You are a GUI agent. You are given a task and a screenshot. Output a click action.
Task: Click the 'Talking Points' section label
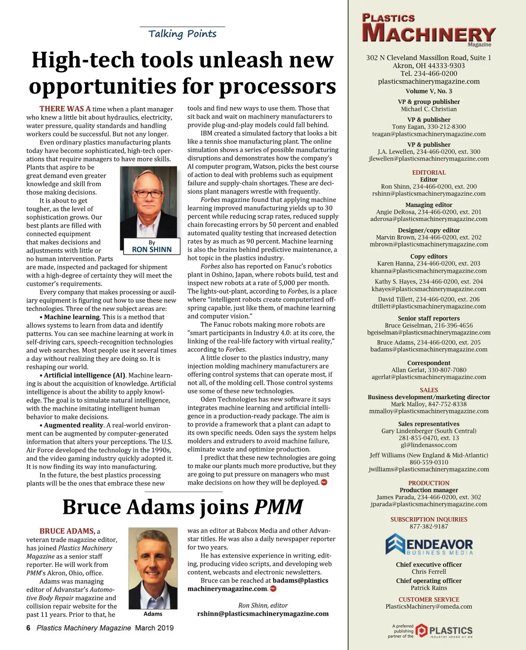click(182, 34)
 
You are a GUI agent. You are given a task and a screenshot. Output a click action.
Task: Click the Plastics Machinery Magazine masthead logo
click(428, 30)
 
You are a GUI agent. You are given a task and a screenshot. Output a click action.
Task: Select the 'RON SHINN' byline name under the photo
click(152, 249)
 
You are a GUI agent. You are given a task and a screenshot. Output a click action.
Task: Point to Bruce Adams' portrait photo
click(153, 568)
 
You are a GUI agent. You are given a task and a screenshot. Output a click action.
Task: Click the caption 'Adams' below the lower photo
click(153, 614)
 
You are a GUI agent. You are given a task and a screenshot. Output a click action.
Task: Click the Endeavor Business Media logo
click(429, 545)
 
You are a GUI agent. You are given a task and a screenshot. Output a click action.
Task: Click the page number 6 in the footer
click(28, 628)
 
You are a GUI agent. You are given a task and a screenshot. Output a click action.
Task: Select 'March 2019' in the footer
click(154, 628)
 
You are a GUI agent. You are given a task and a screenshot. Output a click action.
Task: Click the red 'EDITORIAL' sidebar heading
click(429, 172)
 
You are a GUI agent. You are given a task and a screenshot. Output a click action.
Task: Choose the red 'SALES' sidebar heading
click(429, 390)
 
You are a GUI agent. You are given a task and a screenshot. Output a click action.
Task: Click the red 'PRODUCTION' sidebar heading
click(429, 483)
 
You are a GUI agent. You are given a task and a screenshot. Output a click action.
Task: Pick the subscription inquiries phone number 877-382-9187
click(429, 526)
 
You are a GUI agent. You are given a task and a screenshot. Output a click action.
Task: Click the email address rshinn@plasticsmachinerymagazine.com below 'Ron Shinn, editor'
click(263, 614)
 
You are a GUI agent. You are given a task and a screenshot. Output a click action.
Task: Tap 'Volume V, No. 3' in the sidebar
click(429, 91)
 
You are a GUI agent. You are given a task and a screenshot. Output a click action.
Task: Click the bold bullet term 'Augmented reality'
click(74, 425)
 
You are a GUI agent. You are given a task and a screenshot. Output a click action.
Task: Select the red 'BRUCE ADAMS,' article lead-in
click(67, 531)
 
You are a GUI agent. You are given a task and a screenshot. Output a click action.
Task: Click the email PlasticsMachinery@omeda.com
click(429, 607)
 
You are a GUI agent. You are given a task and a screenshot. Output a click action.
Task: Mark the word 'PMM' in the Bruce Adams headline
click(279, 507)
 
